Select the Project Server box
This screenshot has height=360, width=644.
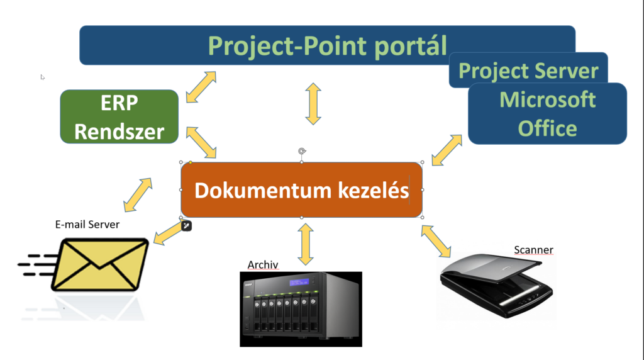click(528, 70)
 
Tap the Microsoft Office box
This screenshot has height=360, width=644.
click(547, 113)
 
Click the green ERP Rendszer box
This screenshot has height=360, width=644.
click(119, 116)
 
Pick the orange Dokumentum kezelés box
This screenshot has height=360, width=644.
click(301, 190)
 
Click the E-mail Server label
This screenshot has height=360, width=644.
click(87, 224)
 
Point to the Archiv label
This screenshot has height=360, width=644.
click(263, 265)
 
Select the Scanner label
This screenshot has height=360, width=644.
click(533, 250)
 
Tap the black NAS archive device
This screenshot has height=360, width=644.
click(301, 308)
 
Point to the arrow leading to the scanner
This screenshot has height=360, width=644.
click(436, 241)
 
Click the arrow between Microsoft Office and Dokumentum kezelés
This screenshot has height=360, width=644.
click(447, 150)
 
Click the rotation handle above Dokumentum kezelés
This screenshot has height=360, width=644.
click(302, 151)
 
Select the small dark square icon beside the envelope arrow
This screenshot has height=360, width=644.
click(186, 225)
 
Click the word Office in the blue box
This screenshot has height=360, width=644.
click(547, 128)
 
